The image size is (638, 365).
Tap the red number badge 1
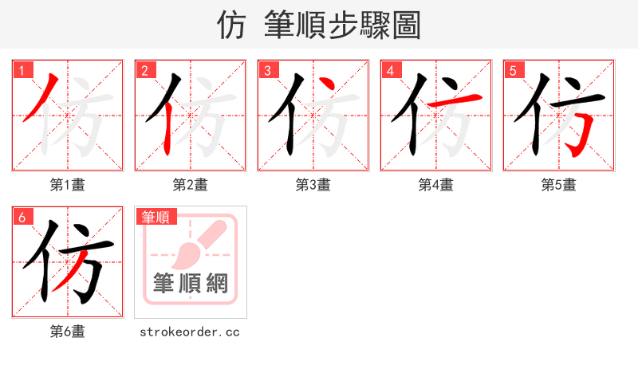pos(22,70)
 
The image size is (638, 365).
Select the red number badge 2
pos(144,70)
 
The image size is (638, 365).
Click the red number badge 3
pos(267,70)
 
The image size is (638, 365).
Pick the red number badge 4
pos(390,70)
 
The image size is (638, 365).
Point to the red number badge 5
pos(513,70)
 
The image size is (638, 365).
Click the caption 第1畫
pos(68,185)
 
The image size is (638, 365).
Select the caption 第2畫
pos(191,185)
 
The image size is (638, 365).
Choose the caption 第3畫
pos(313,185)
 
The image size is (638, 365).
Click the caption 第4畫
pos(436,185)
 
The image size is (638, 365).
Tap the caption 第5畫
pos(559,185)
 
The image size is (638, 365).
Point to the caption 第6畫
pos(68,332)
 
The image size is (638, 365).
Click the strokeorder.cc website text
pos(191,332)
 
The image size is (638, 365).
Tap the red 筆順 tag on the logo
pos(156,217)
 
